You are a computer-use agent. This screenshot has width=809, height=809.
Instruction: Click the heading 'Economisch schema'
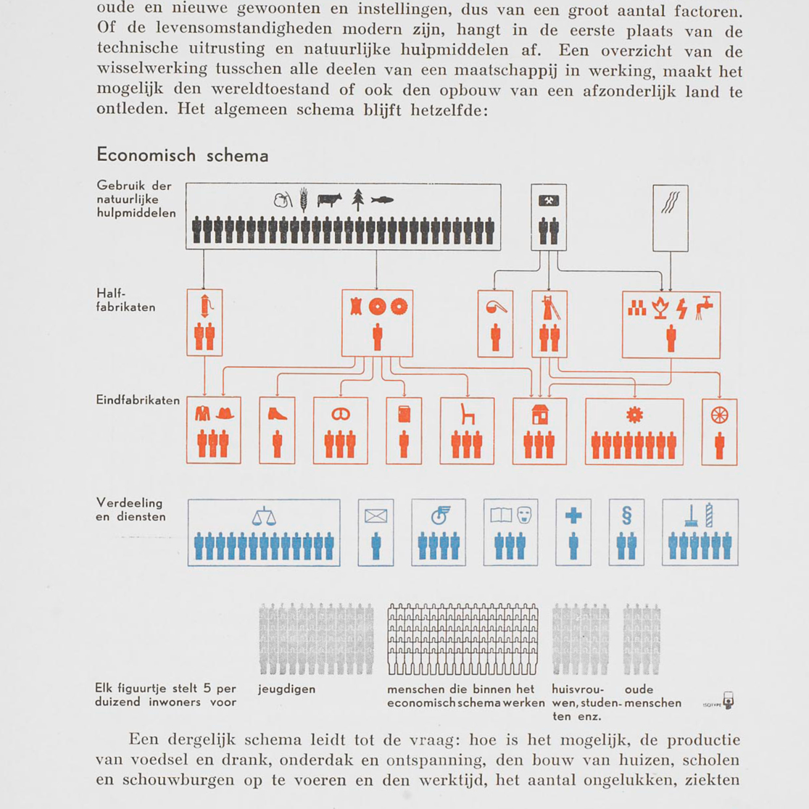pos(182,155)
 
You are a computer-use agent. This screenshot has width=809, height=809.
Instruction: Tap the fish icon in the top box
pos(382,200)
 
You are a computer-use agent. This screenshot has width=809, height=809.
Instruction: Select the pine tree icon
pos(357,199)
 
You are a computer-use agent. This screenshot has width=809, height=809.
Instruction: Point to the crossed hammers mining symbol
pos(549,201)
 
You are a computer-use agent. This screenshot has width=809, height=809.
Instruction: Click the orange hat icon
pos(225,413)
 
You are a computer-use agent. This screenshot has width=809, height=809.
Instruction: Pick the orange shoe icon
pos(278,413)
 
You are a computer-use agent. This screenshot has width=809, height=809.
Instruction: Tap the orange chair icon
pos(468,414)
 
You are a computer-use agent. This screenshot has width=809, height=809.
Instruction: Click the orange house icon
pos(539,414)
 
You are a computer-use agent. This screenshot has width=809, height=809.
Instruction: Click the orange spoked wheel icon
pos(719,414)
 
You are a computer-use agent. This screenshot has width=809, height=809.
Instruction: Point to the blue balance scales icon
pos(264,516)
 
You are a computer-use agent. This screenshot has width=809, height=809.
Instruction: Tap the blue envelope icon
pos(376,516)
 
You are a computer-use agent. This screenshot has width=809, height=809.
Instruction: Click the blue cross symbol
pos(573,515)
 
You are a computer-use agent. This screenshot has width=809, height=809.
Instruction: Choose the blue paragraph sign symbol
pos(627,515)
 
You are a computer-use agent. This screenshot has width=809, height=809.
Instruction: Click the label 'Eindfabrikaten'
pos(138,400)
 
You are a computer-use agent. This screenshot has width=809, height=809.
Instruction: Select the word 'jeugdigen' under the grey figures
pos(286,689)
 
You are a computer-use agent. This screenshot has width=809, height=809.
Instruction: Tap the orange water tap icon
pos(704,307)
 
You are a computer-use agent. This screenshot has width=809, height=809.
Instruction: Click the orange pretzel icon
pos(340,414)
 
